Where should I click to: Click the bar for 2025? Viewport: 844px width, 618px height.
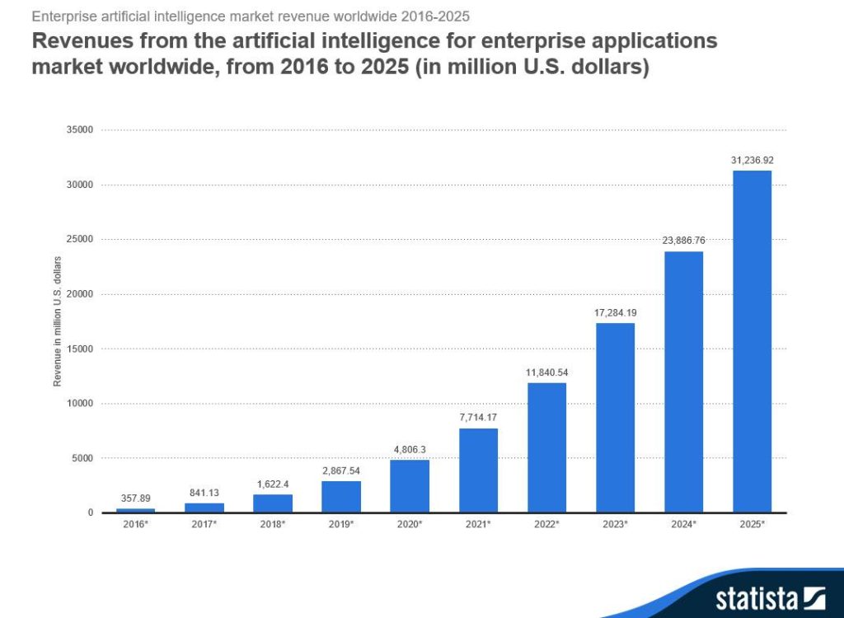752,341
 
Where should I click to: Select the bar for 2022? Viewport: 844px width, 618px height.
546,447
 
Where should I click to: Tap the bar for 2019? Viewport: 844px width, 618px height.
341,497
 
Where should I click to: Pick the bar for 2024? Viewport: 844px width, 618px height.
683,382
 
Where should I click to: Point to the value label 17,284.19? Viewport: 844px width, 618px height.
615,312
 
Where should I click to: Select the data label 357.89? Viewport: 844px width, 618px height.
135,499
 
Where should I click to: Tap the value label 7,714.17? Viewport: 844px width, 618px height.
478,417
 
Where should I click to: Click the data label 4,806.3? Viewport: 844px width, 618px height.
410,449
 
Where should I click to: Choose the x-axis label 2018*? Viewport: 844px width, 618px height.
273,523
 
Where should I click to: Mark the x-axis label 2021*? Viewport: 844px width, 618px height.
478,523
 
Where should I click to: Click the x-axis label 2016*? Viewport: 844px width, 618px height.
135,523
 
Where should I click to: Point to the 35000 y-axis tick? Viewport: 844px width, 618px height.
79,130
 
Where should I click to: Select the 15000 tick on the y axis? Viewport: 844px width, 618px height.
79,349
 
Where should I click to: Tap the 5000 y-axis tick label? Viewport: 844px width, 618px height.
82,458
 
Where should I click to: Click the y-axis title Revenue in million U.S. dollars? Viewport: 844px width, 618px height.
57,321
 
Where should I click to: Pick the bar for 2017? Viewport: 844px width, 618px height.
204,508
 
